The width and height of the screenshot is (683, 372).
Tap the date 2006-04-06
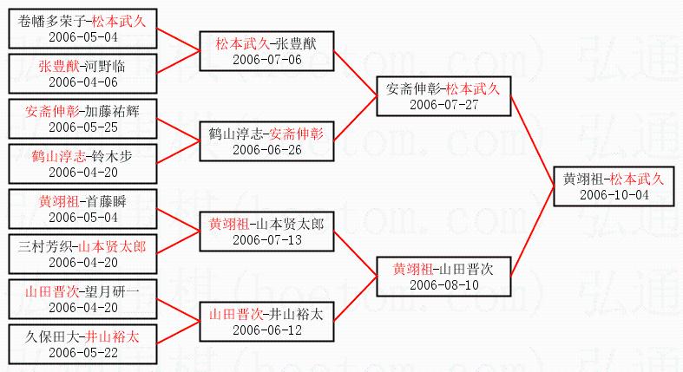point(82,82)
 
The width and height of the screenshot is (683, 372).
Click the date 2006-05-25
point(82,127)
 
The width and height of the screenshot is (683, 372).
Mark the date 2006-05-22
point(82,353)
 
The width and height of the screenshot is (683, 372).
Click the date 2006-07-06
point(266,60)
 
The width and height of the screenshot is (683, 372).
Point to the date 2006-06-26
point(266,149)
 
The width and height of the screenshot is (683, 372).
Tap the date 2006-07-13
point(266,239)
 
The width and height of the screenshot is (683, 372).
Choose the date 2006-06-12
point(266,330)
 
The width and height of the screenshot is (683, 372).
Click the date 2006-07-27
point(443,104)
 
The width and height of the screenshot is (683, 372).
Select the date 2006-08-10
point(443,284)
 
